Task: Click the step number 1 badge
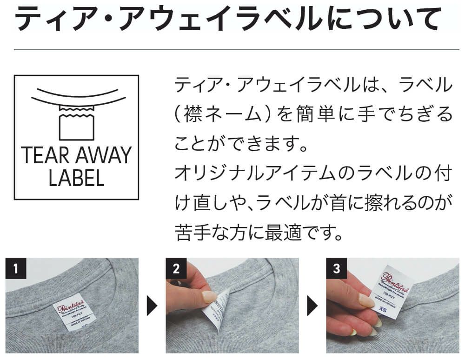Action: [x=15, y=269]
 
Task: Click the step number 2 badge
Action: [x=175, y=269]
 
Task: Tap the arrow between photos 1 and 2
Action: [x=153, y=307]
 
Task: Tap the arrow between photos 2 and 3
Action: [x=312, y=307]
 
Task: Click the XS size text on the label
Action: [x=383, y=309]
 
